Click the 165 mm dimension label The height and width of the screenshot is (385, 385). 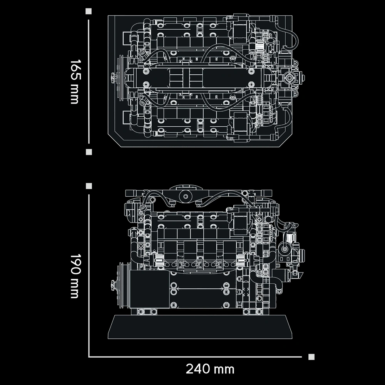(75, 82)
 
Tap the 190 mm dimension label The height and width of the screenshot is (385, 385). (75, 276)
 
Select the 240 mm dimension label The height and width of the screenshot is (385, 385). (210, 369)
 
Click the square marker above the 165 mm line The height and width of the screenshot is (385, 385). (89, 11)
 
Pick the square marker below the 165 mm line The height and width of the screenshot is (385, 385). (89, 152)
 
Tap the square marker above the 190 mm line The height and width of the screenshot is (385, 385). (89, 186)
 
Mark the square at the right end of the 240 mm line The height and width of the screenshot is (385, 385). (311, 357)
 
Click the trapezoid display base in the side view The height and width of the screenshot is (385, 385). (200, 327)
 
